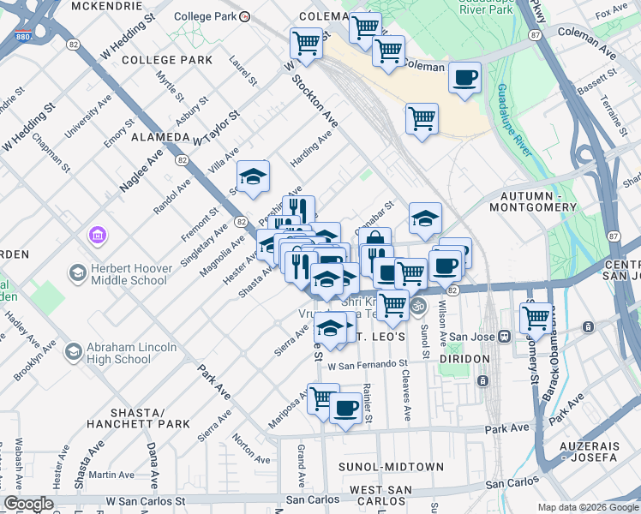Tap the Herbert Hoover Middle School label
129,274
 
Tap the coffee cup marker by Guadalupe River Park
464,78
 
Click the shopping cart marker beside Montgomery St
536,317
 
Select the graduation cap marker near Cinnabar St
425,219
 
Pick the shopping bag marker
374,242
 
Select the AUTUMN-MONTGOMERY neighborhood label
533,201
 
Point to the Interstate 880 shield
23,38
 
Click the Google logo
28,504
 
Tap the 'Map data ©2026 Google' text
587,507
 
